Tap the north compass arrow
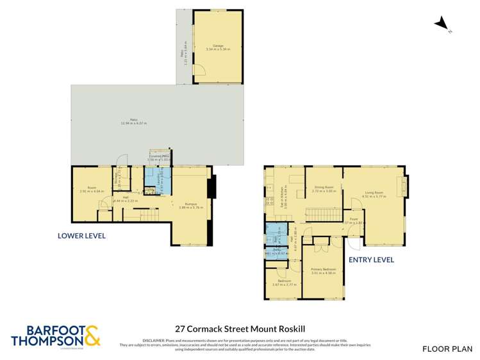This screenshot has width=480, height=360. click(442, 24)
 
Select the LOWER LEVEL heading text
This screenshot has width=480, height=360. click(81, 236)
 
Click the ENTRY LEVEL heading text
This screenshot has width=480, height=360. click(371, 260)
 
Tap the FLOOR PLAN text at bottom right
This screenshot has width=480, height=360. click(447, 348)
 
